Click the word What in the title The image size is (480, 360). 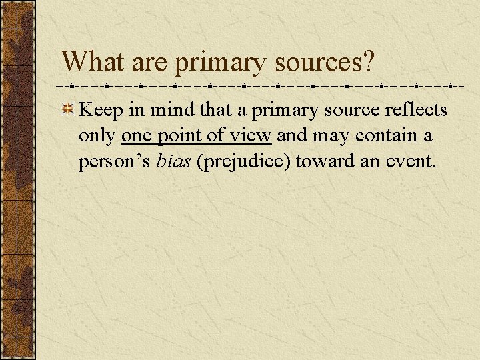(91, 62)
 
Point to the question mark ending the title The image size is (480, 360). (369, 62)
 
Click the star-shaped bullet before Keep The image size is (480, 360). (67, 110)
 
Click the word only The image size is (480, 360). (97, 136)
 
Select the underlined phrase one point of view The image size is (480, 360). (197, 136)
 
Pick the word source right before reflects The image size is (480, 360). (353, 110)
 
